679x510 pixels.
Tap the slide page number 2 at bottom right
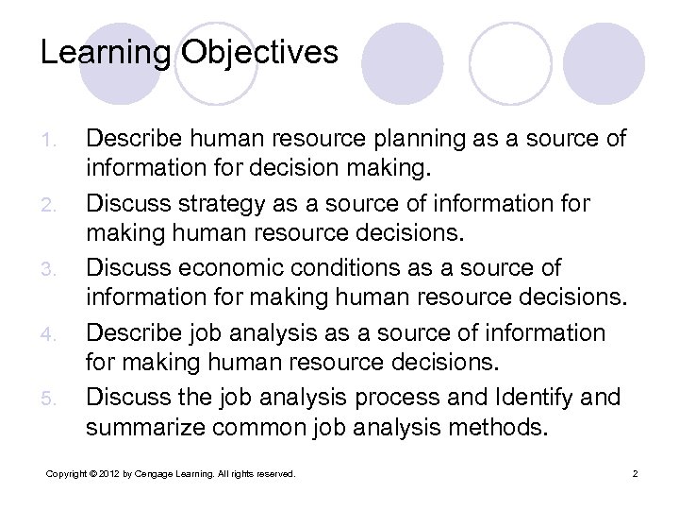point(636,473)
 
